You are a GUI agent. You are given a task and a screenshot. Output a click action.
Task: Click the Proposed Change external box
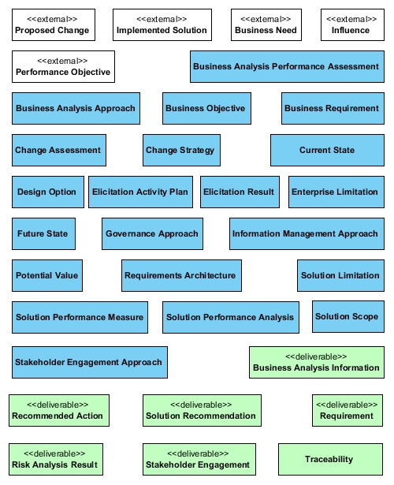pyautogui.click(x=54, y=24)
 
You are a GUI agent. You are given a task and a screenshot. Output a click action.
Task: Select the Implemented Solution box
pyautogui.click(x=162, y=24)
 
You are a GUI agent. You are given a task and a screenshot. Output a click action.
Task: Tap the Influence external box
pyautogui.click(x=352, y=24)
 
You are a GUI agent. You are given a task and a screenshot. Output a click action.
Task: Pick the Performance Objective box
pyautogui.click(x=63, y=66)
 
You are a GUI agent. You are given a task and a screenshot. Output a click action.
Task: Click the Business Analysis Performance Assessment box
pyautogui.click(x=287, y=66)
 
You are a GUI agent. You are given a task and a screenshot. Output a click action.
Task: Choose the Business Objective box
pyautogui.click(x=206, y=108)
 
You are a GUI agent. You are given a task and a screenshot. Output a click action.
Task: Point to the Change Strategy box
pyautogui.click(x=182, y=150)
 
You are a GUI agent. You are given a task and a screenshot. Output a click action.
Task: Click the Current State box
pyautogui.click(x=327, y=150)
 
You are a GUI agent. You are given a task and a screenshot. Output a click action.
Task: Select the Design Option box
pyautogui.click(x=48, y=192)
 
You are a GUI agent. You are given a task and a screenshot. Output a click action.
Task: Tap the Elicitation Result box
pyautogui.click(x=240, y=192)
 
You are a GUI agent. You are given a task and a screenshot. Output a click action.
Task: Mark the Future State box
pyautogui.click(x=43, y=233)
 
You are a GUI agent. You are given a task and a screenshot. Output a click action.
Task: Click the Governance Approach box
pyautogui.click(x=152, y=233)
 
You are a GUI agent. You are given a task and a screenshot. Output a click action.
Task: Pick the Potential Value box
pyautogui.click(x=47, y=275)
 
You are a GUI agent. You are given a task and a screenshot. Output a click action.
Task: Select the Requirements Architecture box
pyautogui.click(x=181, y=275)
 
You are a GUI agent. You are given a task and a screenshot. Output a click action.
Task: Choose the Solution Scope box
pyautogui.click(x=348, y=316)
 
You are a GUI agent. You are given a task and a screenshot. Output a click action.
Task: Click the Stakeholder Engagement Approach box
pyautogui.click(x=90, y=362)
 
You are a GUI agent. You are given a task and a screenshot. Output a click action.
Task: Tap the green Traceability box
pyautogui.click(x=330, y=459)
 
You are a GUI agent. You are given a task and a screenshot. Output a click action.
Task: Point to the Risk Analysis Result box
pyautogui.click(x=56, y=459)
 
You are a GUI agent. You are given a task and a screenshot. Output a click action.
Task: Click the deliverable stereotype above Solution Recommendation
pyautogui.click(x=201, y=405)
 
